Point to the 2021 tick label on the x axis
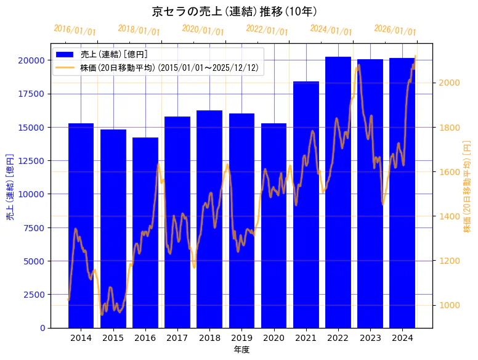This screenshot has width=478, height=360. click(306, 338)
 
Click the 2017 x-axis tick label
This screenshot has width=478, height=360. click(177, 338)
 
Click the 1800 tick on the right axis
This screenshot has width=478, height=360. click(448, 128)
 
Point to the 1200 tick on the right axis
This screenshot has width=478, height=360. click(448, 261)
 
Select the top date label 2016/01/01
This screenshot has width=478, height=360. click(75, 30)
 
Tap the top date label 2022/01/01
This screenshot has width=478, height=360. click(267, 30)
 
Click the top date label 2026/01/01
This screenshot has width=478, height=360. click(395, 30)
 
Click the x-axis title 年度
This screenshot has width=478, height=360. click(241, 350)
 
